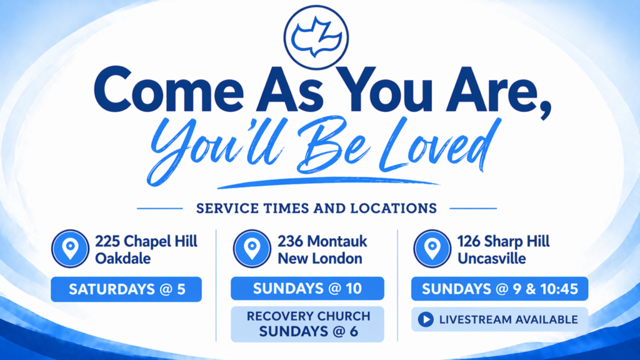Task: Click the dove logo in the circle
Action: tap(316, 37)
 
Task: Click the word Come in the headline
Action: tap(169, 90)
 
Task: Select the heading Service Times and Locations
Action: tap(316, 209)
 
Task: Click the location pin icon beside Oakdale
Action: tap(70, 249)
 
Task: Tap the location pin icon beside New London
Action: tap(252, 249)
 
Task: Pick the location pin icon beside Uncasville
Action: tap(432, 249)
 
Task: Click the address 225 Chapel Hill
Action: tap(146, 241)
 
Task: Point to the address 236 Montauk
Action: tap(322, 241)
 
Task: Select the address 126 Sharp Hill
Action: tap(503, 241)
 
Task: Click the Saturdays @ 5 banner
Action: tap(126, 289)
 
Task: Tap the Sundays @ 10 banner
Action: tap(307, 289)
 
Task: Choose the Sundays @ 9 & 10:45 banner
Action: tap(499, 289)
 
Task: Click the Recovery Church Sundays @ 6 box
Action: tap(307, 324)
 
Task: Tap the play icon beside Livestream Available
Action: tap(426, 319)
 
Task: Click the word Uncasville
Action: tap(491, 258)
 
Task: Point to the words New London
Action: tap(320, 258)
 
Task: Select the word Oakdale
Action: tap(123, 258)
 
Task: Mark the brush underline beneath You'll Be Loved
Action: tap(329, 182)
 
